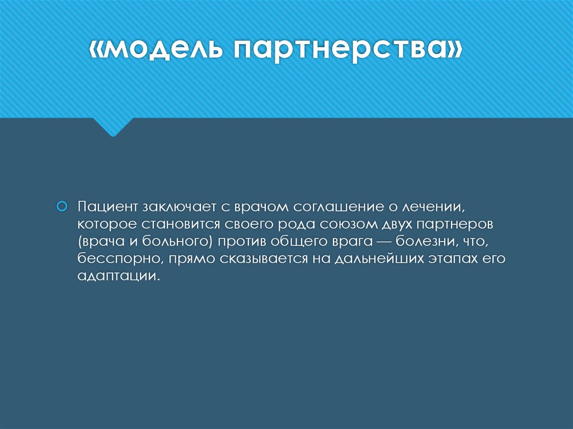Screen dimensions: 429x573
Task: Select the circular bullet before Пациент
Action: point(63,206)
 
